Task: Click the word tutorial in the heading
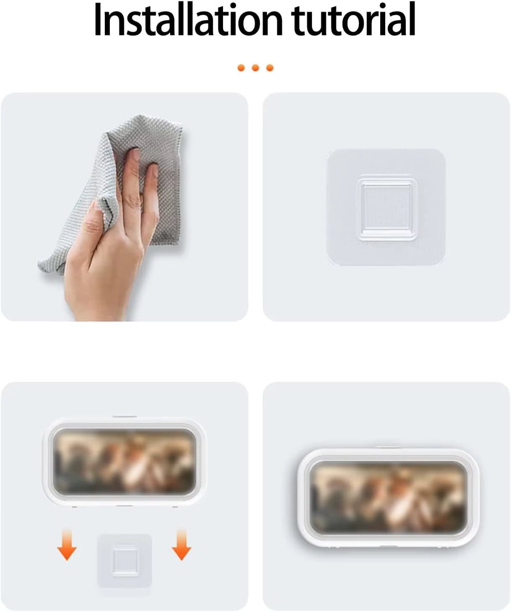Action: pyautogui.click(x=355, y=21)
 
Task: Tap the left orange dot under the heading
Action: pyautogui.click(x=241, y=68)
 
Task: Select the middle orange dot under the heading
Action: pyautogui.click(x=255, y=68)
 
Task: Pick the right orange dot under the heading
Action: pyautogui.click(x=270, y=68)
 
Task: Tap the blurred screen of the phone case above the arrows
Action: pyautogui.click(x=124, y=461)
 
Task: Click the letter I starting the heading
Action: pyautogui.click(x=98, y=21)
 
